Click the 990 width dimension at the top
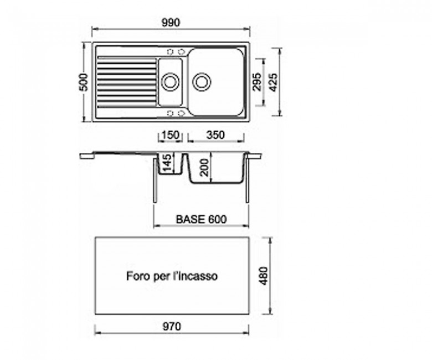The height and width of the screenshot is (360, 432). (x=171, y=23)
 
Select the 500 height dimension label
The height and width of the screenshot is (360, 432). (x=84, y=82)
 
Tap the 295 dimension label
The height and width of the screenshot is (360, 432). (x=257, y=82)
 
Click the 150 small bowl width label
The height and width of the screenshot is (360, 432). (x=171, y=135)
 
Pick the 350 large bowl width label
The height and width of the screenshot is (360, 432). (x=215, y=135)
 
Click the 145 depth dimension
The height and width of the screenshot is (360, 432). (x=167, y=162)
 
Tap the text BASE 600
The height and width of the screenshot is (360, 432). (x=202, y=219)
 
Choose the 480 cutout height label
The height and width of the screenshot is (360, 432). (x=264, y=276)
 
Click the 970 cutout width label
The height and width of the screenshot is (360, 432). (x=172, y=327)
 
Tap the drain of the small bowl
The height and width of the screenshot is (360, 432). (x=170, y=82)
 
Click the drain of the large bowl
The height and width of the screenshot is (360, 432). (x=202, y=82)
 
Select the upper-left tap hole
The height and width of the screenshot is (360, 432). (x=171, y=52)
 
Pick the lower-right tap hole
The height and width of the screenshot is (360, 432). (x=181, y=113)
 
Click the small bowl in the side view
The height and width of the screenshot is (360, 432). (x=171, y=173)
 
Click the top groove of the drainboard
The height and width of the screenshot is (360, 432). (x=127, y=58)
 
